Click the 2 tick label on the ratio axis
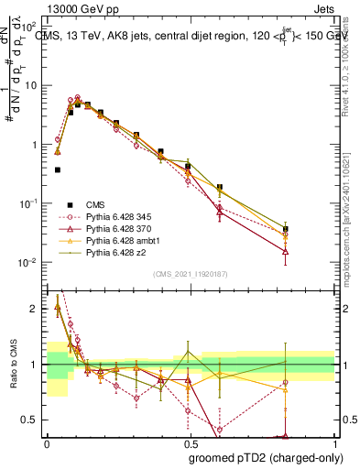coord(35,309)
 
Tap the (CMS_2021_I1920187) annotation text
coord(190,274)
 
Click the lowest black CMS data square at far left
coord(58,169)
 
